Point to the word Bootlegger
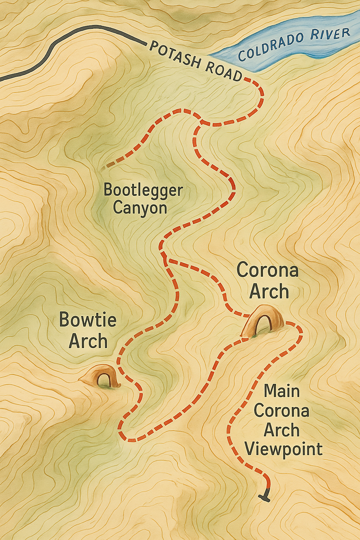point(143,190)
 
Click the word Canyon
point(140,208)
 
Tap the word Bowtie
point(88,320)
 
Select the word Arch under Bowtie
point(88,341)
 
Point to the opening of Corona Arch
point(264,325)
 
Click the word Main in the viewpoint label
point(282,391)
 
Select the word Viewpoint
point(283,449)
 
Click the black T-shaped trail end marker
point(265,496)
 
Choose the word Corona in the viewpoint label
point(281,411)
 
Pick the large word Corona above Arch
point(268,270)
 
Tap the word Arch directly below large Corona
point(269,292)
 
